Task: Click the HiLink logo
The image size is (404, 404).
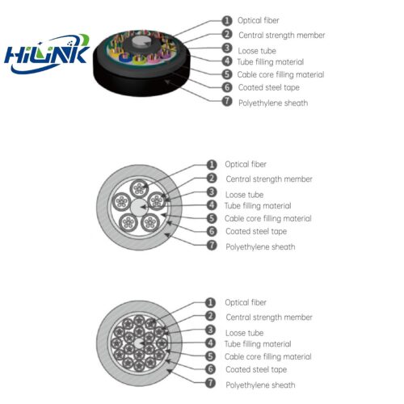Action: [46, 54]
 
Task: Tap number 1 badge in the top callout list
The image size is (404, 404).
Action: [227, 20]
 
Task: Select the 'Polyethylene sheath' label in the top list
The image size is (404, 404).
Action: [273, 103]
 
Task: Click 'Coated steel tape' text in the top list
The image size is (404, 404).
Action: [269, 87]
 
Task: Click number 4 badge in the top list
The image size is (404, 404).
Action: [227, 61]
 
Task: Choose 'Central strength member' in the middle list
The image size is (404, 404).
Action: [269, 179]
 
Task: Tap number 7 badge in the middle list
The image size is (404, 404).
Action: [212, 246]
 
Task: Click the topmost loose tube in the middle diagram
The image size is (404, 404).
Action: [139, 188]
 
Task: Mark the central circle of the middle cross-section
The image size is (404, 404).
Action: [139, 208]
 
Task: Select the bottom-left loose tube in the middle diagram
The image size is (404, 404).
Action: [128, 222]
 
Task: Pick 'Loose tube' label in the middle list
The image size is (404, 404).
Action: [244, 195]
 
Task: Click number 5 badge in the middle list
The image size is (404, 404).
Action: [212, 218]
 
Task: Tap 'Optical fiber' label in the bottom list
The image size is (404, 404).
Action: [246, 302]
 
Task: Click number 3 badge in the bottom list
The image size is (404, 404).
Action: [210, 330]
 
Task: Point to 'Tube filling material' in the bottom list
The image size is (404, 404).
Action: [258, 344]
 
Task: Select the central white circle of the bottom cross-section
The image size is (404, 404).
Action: [139, 343]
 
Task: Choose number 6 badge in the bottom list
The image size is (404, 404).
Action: [210, 369]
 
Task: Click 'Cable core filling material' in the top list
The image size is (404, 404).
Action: [280, 74]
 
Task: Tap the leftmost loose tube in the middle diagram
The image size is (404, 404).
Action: [121, 202]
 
